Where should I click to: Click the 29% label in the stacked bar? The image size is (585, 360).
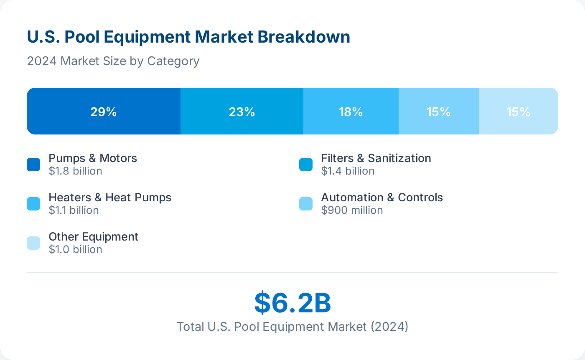[103, 112]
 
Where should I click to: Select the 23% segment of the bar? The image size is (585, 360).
[242, 112]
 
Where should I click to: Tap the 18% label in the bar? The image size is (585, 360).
[351, 112]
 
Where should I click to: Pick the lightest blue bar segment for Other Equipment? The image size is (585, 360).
[518, 112]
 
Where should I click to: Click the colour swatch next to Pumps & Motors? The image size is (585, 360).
[33, 165]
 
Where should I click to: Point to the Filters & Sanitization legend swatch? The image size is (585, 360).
[306, 165]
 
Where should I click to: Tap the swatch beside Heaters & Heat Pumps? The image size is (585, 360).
[33, 204]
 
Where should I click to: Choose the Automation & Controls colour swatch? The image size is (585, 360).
[306, 204]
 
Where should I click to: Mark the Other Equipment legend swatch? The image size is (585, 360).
[33, 243]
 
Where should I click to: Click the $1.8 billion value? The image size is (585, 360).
[75, 171]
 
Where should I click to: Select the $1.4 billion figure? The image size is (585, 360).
[348, 171]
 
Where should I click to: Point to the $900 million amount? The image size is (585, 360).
[352, 210]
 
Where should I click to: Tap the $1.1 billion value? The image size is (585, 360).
[74, 210]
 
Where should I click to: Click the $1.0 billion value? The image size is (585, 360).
[75, 249]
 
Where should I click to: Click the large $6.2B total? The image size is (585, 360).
[292, 303]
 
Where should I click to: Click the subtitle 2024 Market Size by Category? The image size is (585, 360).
[113, 61]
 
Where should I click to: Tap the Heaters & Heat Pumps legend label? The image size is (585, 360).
[110, 197]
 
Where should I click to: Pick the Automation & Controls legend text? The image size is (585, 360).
[382, 197]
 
